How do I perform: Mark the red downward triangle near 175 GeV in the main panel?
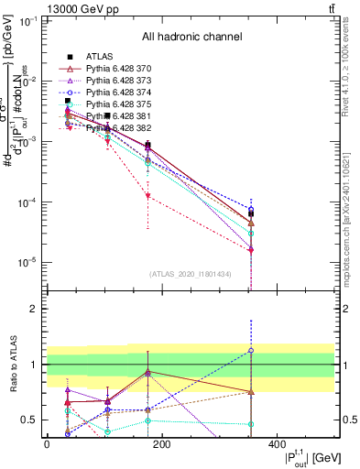tap(147, 196)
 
